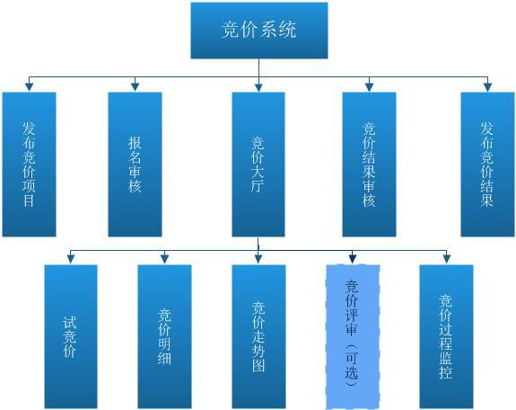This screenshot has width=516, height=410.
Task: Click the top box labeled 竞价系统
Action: point(259,31)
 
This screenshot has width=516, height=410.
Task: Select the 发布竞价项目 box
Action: point(30,165)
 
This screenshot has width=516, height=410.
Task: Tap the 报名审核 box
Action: point(135,165)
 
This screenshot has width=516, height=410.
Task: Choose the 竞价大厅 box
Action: point(258,165)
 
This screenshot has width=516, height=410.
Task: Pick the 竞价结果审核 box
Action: point(369,165)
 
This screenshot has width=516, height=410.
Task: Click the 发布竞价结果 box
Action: point(487,165)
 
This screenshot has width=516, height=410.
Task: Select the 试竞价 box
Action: point(71,336)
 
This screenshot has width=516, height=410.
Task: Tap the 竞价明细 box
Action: point(164,336)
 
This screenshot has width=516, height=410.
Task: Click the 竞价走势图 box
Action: point(258,336)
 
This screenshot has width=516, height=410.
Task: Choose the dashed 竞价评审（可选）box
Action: point(353,336)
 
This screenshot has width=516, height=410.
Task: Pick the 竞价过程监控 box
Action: point(446,336)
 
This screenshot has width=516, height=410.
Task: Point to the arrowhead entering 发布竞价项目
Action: point(30,86)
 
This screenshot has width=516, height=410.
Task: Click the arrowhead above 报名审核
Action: point(135,86)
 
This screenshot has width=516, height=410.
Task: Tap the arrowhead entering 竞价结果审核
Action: point(369,86)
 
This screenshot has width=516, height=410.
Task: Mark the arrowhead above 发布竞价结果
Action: point(487,86)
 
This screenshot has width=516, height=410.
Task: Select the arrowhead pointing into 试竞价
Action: point(71,259)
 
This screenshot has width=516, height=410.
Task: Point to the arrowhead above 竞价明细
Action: point(164,259)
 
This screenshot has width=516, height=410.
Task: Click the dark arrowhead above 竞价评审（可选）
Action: point(353,259)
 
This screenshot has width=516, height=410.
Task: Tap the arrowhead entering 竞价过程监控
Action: point(446,259)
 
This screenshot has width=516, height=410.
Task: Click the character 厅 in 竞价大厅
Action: point(258,186)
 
